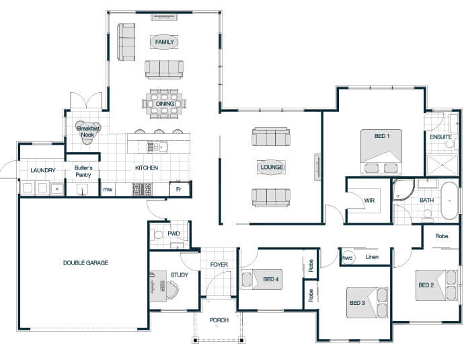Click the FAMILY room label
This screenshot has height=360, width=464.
pos(165,42)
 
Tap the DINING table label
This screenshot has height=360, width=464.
pos(165,104)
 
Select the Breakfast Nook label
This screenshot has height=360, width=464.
pos(88,131)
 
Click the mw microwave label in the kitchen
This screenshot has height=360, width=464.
pos(108,190)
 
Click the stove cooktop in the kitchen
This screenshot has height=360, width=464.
pos(142,189)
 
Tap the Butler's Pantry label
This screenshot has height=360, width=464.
pos(83,171)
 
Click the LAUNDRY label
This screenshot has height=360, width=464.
pos(43,170)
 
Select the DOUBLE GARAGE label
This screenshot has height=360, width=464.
pos(85,262)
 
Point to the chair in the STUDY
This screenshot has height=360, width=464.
pos(172,290)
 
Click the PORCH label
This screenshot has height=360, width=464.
pos(219,320)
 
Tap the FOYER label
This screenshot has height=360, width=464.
pos(219,264)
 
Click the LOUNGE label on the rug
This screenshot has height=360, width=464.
pos(272,168)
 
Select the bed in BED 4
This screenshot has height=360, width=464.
pos(262,279)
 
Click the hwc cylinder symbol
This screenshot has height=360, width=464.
pos(348,257)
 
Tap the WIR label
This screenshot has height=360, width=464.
pos(369,201)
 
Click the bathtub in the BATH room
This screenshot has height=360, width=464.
pos(449,201)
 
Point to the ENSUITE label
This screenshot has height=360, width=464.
pos(440,137)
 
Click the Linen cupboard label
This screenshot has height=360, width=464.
pos(372,256)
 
